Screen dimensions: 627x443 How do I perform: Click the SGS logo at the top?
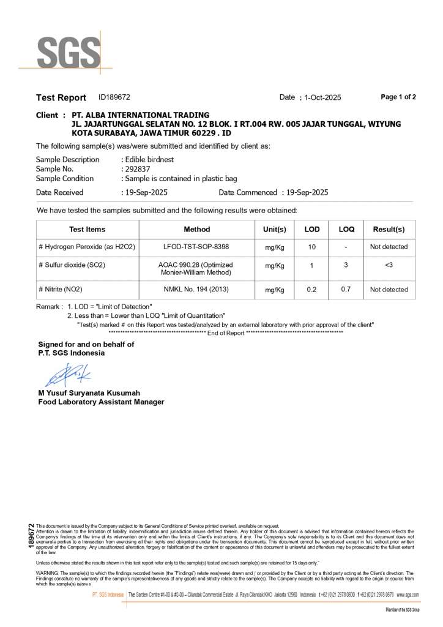(69, 53)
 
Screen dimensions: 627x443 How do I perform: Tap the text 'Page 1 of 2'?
(398, 97)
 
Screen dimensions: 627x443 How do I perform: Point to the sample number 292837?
(137, 169)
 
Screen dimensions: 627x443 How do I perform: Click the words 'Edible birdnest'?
(149, 159)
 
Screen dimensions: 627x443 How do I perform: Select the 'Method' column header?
(196, 230)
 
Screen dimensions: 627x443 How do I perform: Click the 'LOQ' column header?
(346, 230)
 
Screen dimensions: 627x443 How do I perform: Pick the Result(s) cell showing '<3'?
(389, 265)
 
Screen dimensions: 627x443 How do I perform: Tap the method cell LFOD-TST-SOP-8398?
(196, 247)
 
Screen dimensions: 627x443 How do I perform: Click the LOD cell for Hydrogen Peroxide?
(312, 247)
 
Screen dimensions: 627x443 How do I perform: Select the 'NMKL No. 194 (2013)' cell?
(196, 289)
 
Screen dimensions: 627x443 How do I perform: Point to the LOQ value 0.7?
(346, 289)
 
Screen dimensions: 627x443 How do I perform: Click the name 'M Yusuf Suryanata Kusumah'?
(89, 392)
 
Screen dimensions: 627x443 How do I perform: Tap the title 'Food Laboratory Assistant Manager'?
(101, 402)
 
